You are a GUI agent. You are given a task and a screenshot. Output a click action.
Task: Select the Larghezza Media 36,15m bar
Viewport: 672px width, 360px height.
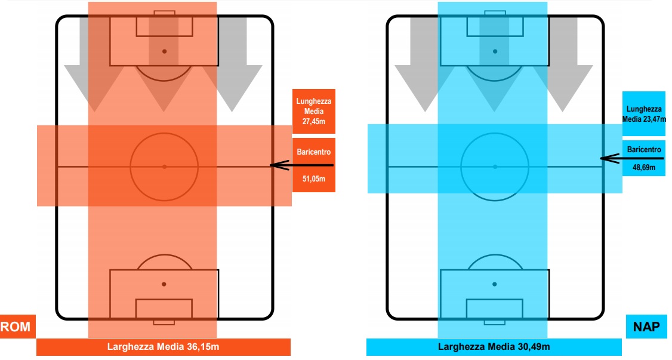163,347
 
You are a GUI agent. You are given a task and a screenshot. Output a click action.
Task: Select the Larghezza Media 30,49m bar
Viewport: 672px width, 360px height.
494,347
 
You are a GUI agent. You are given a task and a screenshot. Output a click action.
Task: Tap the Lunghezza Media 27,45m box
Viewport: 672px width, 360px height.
314,112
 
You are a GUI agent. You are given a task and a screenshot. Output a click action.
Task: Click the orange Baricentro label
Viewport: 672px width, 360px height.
314,152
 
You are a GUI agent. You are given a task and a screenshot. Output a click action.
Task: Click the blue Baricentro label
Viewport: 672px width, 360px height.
644,149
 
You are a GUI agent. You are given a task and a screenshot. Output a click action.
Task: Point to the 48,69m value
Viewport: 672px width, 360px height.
644,168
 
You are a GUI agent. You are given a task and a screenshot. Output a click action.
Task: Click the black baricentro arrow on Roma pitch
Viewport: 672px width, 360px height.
301,165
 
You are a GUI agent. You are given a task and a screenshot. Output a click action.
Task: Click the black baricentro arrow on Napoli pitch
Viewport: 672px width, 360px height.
631,158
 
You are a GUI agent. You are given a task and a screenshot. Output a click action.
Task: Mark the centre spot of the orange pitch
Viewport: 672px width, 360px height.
164,167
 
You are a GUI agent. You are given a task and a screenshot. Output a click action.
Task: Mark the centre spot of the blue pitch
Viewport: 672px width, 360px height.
495,167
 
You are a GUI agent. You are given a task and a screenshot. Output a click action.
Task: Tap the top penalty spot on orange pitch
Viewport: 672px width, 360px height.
164,51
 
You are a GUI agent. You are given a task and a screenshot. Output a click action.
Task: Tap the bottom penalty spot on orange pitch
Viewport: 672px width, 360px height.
164,284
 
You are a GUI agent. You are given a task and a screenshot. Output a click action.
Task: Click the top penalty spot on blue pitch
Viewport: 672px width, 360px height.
495,51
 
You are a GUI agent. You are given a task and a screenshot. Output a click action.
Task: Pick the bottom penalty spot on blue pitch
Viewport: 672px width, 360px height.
495,284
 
